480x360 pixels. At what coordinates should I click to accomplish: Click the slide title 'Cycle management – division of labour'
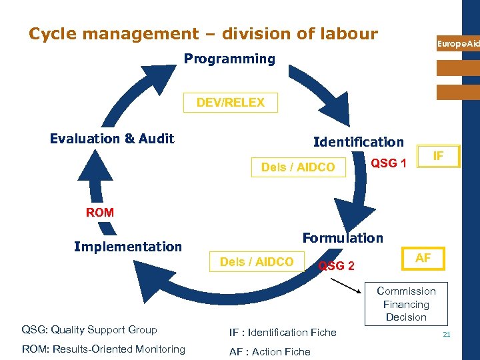coord(203,33)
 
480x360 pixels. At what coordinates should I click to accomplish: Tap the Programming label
coord(229,59)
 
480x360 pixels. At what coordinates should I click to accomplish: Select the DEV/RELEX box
coord(230,103)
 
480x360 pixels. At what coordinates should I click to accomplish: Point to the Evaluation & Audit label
coord(112,139)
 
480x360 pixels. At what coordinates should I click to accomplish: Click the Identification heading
coord(359,142)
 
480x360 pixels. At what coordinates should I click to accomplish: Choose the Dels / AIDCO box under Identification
coord(298,167)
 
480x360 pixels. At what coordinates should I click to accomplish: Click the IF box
coord(438,156)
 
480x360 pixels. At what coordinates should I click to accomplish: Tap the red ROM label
coord(100,213)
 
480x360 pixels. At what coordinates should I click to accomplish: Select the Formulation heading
coord(343,238)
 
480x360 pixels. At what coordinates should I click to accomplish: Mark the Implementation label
coord(128,247)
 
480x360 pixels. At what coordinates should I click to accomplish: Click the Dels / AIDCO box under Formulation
coord(257,262)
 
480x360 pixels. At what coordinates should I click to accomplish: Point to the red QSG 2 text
coord(336,266)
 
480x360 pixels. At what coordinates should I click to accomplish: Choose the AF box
coord(423,258)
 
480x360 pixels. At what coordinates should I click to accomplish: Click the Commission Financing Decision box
coord(406,303)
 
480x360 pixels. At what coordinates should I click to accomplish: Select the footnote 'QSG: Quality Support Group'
coord(89,329)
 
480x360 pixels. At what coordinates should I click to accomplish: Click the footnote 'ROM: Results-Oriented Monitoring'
coord(103,349)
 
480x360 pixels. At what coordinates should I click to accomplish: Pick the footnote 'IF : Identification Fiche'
coord(283,332)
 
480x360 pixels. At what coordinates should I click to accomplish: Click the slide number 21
coord(446,333)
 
